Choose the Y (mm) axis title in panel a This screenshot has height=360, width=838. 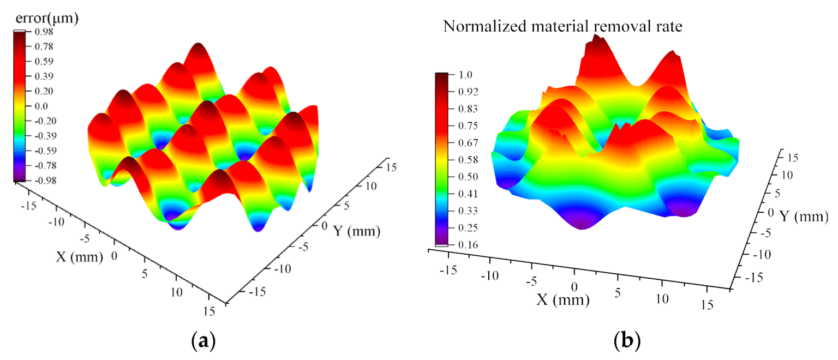[357, 231]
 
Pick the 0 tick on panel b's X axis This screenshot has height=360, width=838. [574, 287]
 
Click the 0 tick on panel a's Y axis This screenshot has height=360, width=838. [325, 225]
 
